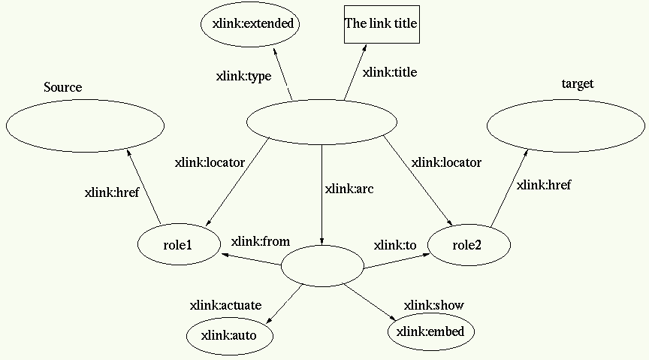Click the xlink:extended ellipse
(x=250, y=24)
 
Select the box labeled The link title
(x=381, y=24)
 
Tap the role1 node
(x=178, y=245)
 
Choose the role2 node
(x=469, y=244)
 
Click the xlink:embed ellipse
(x=430, y=331)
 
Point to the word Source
(x=63, y=88)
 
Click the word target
(x=578, y=83)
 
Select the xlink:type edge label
(x=243, y=76)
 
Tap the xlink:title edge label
(x=390, y=73)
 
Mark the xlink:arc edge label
(x=349, y=189)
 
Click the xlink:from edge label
(x=261, y=241)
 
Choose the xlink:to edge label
(x=395, y=245)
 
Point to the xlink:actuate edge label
(x=225, y=305)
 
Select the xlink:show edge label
(x=434, y=305)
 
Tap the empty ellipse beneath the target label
(x=566, y=126)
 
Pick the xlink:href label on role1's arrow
(x=112, y=192)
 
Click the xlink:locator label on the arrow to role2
(x=447, y=162)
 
